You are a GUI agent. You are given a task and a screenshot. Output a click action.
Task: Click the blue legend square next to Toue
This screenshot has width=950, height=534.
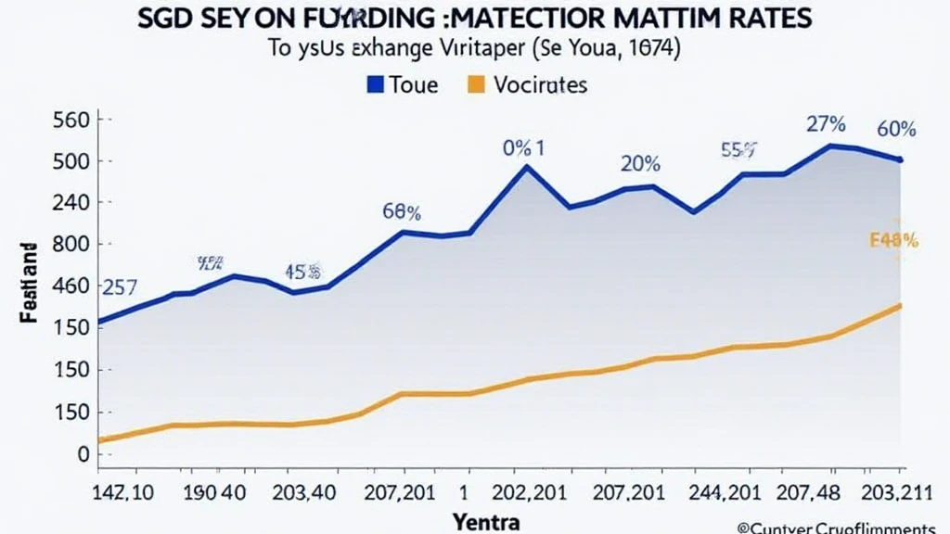[x=375, y=84]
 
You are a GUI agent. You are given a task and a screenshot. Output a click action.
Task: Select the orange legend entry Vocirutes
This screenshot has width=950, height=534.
[x=526, y=84]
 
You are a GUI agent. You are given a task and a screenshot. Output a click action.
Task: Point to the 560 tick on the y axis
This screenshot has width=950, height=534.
[x=71, y=120]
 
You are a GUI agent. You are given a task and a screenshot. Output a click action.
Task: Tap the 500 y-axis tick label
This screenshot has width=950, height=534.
[x=71, y=161]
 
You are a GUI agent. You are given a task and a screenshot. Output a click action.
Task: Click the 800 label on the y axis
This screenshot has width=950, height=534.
[x=71, y=244]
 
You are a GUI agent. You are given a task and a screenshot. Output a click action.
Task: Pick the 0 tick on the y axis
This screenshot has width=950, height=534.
[x=83, y=454]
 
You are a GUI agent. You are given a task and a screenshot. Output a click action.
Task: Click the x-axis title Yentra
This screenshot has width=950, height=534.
[x=487, y=521]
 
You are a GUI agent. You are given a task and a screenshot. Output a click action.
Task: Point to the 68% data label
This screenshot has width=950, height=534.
[x=402, y=211]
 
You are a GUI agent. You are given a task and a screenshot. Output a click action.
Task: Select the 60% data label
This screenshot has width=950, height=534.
[x=896, y=129]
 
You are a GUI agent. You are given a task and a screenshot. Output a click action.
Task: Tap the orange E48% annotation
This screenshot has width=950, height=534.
[x=893, y=241]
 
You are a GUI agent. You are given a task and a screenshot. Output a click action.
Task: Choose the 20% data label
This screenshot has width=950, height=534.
[x=640, y=164]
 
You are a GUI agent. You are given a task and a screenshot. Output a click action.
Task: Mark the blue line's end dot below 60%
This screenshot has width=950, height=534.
[x=900, y=160]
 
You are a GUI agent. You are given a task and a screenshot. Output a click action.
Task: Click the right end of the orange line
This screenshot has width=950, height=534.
[x=900, y=306]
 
